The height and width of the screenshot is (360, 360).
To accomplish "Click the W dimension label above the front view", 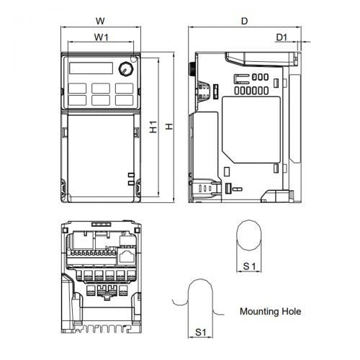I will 101,21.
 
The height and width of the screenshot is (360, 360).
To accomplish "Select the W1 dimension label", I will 101,36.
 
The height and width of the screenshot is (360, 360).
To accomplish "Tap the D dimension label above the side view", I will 245,21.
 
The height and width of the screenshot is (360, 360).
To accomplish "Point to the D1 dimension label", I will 282,36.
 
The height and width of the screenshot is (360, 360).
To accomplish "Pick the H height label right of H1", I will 169,127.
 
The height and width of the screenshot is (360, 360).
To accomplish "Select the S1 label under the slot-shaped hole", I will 202,332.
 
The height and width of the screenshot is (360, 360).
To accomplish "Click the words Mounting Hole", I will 270,312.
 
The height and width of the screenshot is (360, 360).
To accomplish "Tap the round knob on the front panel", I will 126,70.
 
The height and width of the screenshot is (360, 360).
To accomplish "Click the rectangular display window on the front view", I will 92,69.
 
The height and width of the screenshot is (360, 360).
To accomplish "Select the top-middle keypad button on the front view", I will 101,88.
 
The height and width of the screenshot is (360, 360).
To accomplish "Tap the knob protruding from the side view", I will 192,71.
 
